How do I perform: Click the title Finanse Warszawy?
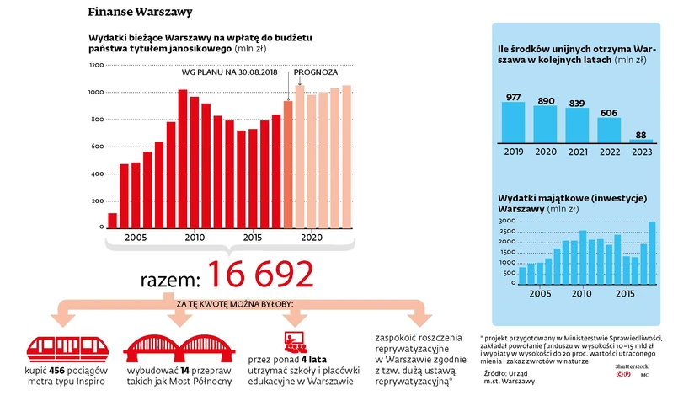[x=140, y=13]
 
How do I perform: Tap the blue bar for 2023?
[x=641, y=141]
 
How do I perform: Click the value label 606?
[x=609, y=111]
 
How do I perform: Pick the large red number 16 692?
[x=261, y=275]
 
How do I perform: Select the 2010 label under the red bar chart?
[x=195, y=238]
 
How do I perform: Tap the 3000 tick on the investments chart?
[x=506, y=221]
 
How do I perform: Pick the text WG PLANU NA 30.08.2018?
[x=230, y=72]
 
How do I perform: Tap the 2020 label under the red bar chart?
[x=312, y=238]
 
